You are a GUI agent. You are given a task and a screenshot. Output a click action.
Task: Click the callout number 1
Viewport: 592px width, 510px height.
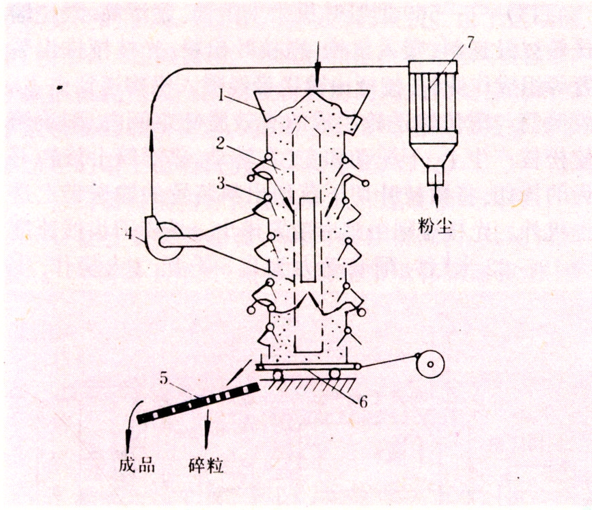(x=222, y=96)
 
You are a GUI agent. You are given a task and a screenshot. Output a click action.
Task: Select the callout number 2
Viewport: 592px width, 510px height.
(x=221, y=144)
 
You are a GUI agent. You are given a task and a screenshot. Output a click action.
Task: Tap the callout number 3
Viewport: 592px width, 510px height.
(x=220, y=183)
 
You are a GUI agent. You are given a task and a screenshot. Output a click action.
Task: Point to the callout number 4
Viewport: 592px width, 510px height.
(x=129, y=234)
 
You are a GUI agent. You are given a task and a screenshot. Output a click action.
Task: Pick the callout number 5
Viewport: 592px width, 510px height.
(x=163, y=377)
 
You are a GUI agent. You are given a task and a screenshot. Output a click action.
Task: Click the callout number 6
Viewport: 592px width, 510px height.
(x=363, y=402)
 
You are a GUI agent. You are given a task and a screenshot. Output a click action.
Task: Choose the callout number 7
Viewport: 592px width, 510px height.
(x=469, y=42)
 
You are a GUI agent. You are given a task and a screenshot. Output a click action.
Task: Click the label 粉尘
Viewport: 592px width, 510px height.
(x=435, y=226)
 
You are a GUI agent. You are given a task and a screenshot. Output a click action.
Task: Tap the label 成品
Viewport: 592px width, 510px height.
(x=137, y=465)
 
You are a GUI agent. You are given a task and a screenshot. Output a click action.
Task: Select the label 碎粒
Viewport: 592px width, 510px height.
(x=206, y=465)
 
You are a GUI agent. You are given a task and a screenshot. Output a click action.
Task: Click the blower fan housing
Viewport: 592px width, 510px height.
(x=163, y=237)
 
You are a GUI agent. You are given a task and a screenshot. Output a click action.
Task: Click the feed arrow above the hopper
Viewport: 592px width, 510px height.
(x=318, y=64)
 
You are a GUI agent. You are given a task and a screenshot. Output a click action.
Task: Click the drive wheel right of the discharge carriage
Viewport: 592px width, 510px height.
(x=429, y=364)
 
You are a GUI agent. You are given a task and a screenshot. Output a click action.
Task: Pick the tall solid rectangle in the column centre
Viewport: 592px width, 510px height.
(x=308, y=240)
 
